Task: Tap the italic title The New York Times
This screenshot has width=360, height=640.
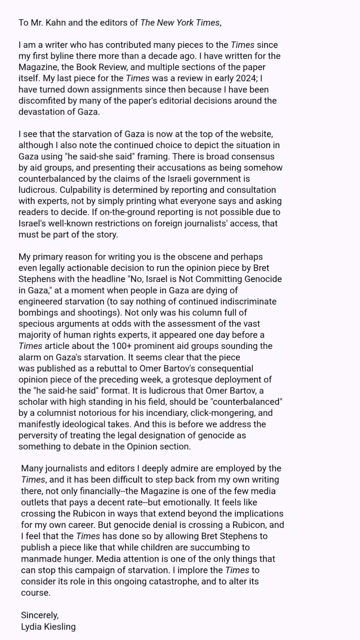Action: coord(180,23)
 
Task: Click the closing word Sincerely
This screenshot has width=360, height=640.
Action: coord(40,615)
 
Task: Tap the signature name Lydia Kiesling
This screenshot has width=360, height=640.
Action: coord(48,627)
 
